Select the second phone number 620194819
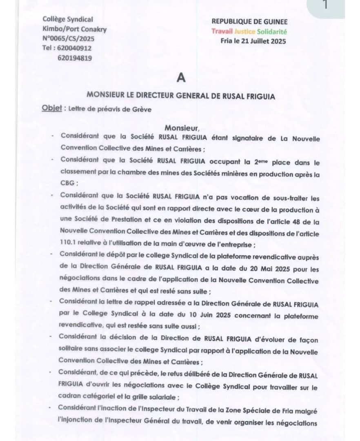[75, 58]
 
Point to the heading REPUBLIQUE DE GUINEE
[249, 22]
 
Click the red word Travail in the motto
[222, 31]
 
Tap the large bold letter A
[181, 77]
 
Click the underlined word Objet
[52, 108]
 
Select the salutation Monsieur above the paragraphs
[180, 128]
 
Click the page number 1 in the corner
[325, 6]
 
